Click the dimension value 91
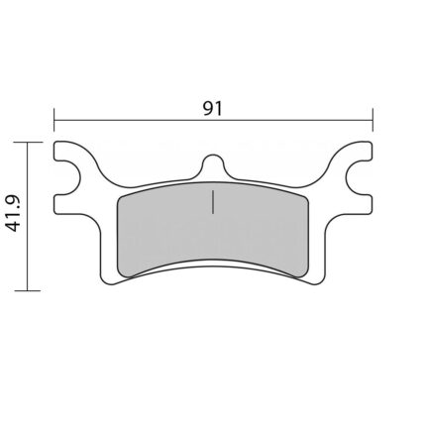(x=213, y=108)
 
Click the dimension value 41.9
(x=14, y=213)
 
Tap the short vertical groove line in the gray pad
(x=213, y=201)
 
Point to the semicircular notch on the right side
(x=358, y=178)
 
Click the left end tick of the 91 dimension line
(x=54, y=120)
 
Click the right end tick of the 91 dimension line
(x=373, y=120)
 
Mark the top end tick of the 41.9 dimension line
(x=28, y=143)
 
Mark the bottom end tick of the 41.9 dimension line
(x=28, y=290)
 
